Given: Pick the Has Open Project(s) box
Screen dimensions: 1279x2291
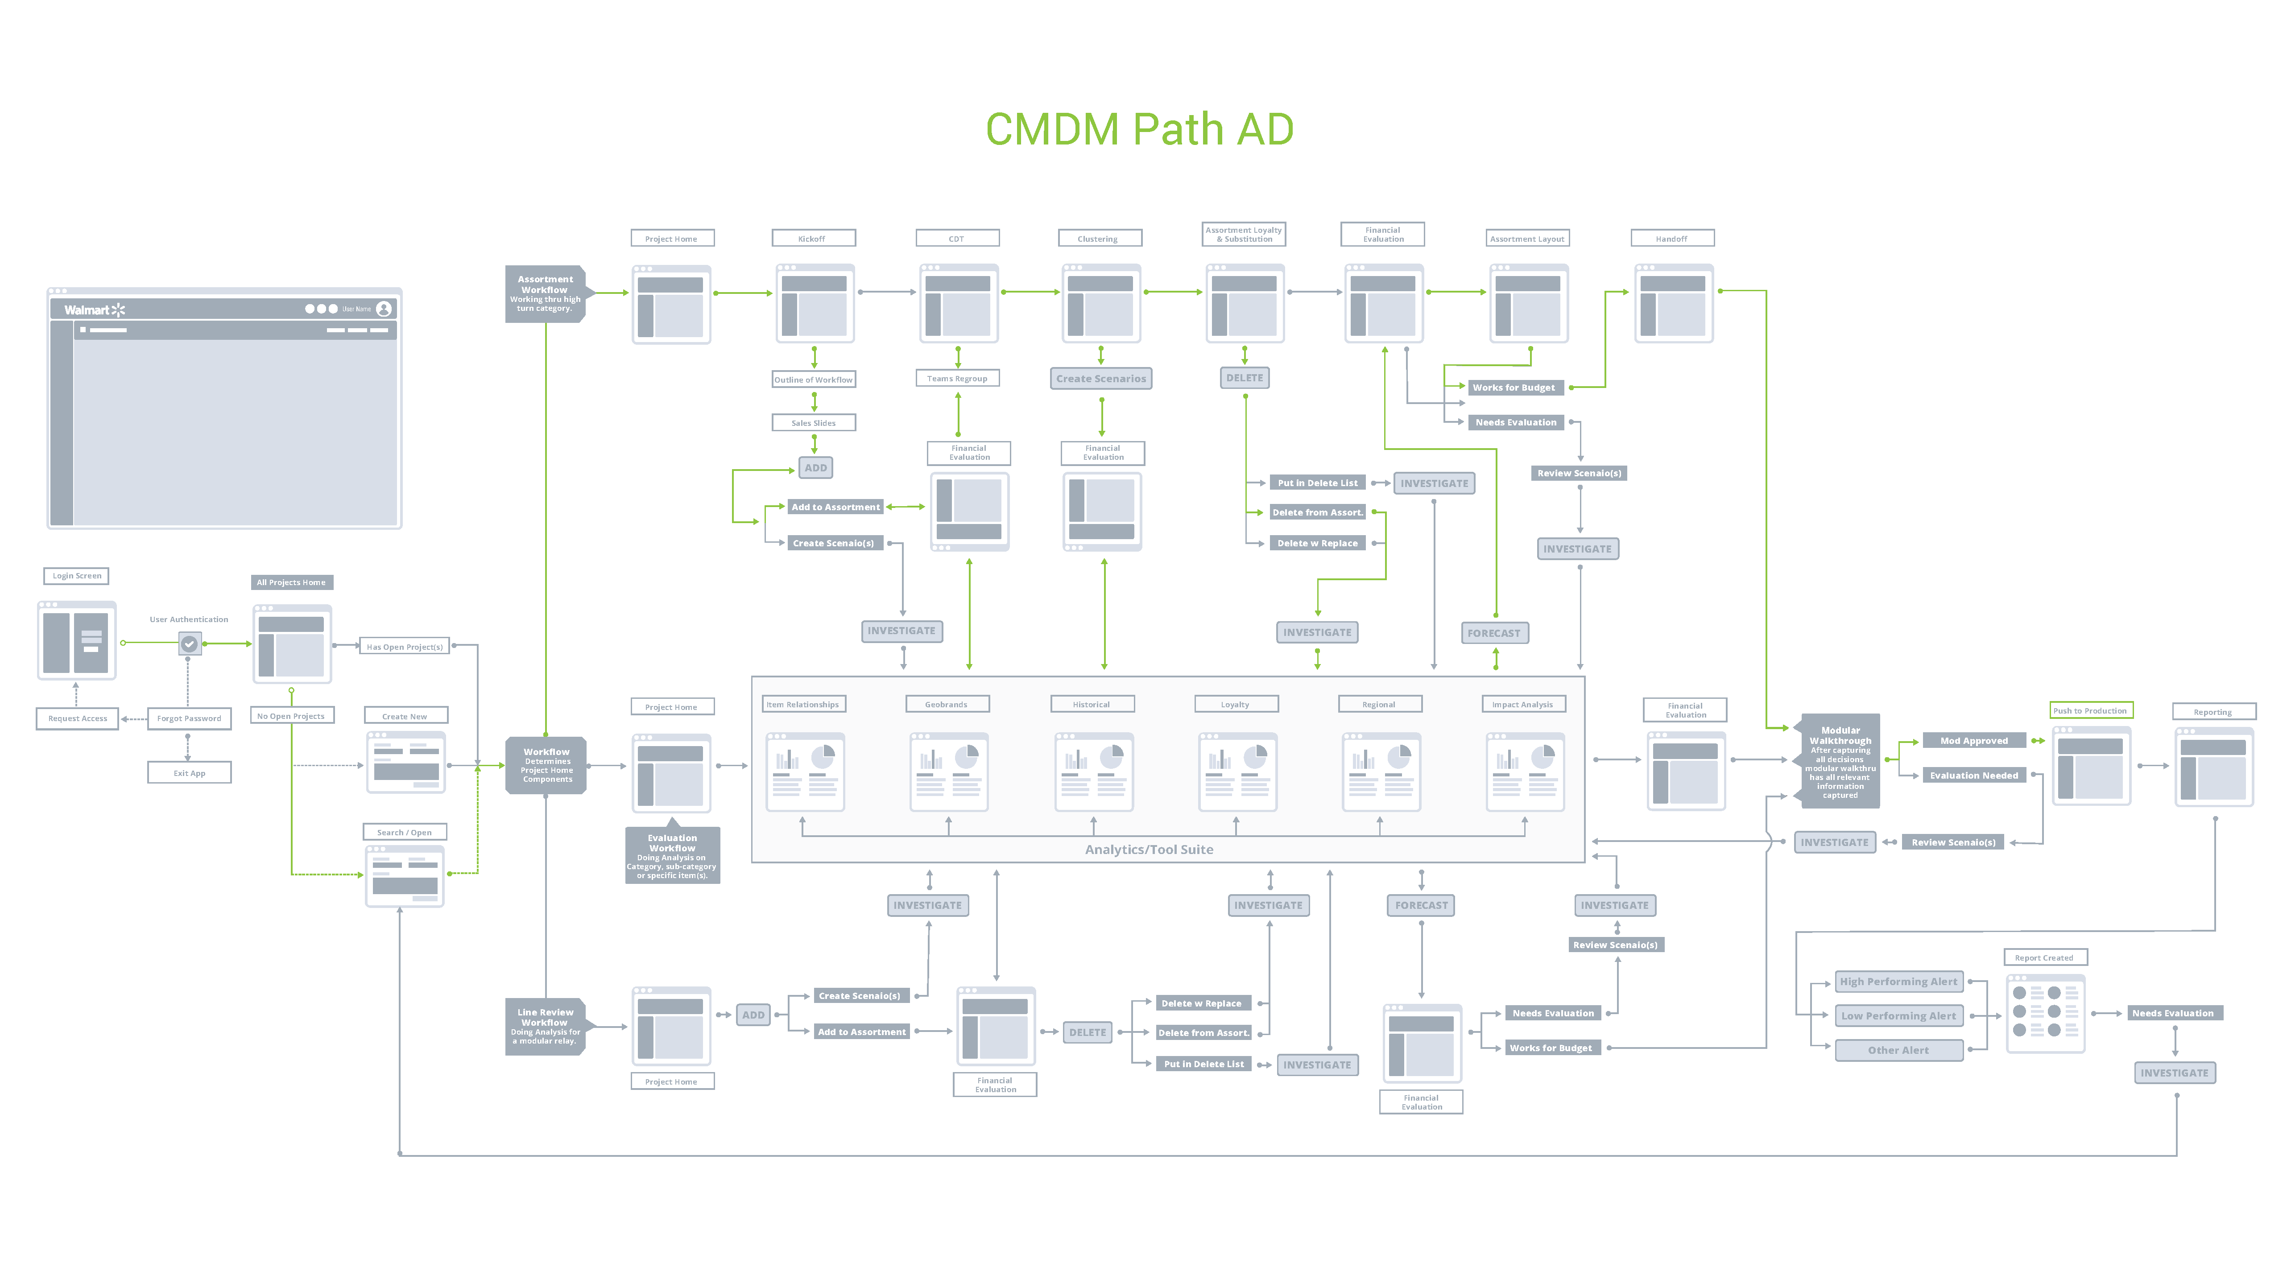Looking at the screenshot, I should [x=405, y=647].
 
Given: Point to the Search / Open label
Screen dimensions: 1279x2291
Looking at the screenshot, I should [x=405, y=833].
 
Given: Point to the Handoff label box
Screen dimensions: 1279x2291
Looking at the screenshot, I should [x=1672, y=239].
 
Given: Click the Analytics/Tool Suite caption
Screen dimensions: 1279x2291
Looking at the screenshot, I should [x=1149, y=850].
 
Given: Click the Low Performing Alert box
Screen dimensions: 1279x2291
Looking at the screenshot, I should [x=1899, y=1016].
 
